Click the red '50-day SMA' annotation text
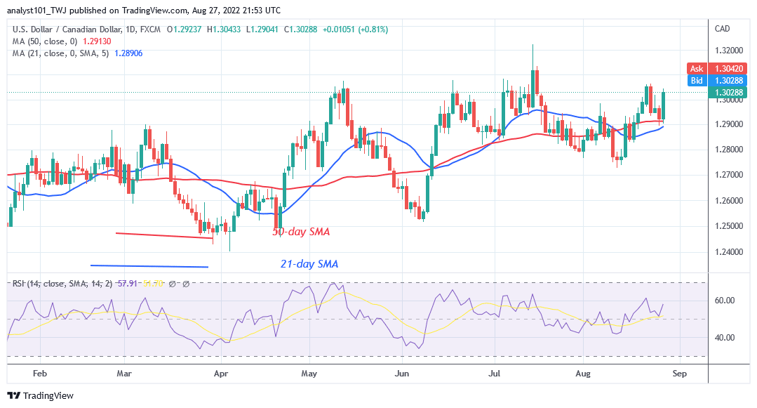click(301, 231)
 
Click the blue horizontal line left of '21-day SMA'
click(149, 265)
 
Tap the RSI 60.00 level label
click(723, 301)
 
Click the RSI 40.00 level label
click(723, 337)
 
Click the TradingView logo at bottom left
click(40, 395)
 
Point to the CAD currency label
click(722, 29)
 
